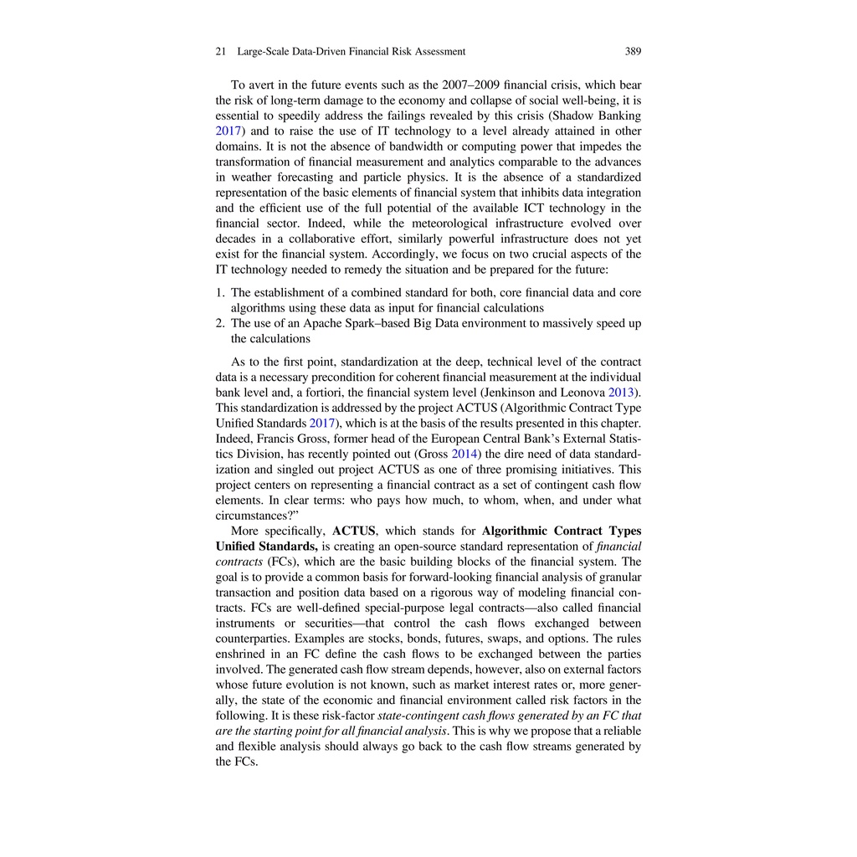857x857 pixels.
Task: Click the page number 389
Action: tap(633, 52)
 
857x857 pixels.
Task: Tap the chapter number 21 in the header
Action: tap(221, 52)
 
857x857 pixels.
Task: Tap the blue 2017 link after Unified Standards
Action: tap(322, 423)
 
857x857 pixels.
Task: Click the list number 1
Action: tap(220, 293)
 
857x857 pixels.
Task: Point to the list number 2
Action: tap(220, 324)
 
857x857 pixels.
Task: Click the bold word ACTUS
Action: tap(353, 531)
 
